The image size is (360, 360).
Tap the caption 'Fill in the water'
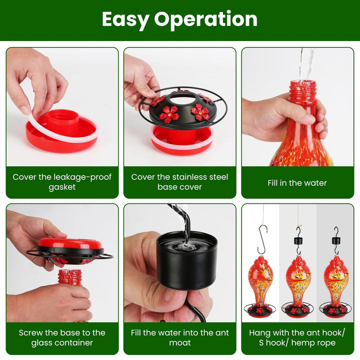(x=297, y=183)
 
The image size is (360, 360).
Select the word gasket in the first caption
(x=62, y=187)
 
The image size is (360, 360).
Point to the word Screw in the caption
(x=31, y=333)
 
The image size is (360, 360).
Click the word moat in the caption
(x=179, y=343)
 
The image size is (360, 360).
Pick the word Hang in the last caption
(x=260, y=333)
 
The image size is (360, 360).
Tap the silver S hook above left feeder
(x=262, y=239)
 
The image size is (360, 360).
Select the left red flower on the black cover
(x=169, y=114)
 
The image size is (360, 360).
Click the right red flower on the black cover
(x=200, y=112)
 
